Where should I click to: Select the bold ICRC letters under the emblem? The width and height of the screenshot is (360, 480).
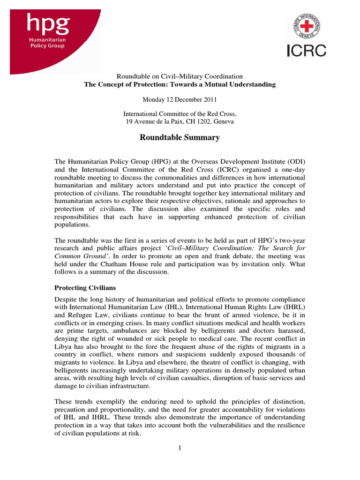pyautogui.click(x=307, y=50)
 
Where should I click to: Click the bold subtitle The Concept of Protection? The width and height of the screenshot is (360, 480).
pyautogui.click(x=180, y=84)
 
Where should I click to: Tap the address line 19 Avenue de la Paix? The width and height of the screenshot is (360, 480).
pyautogui.click(x=180, y=121)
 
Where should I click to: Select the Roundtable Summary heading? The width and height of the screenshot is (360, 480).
pyautogui.click(x=180, y=137)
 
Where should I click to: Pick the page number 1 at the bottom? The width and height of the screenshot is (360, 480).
pyautogui.click(x=180, y=448)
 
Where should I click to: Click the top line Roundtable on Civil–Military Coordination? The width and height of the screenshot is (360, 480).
pyautogui.click(x=180, y=76)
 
